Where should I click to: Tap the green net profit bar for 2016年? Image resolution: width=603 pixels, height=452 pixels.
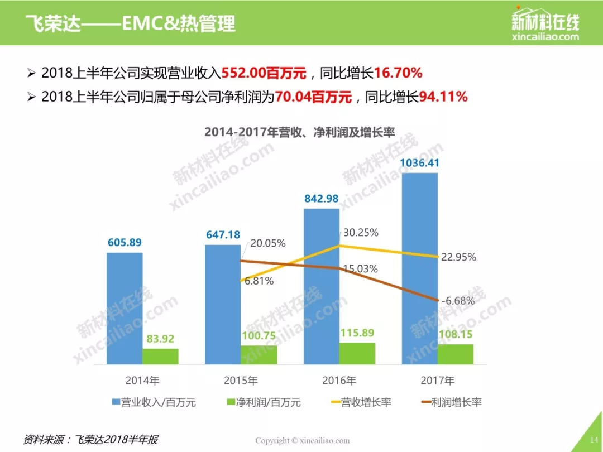point(357,353)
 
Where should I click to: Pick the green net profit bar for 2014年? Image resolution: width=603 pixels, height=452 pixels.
point(160,357)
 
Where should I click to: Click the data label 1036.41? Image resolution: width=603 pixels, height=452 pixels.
point(420,163)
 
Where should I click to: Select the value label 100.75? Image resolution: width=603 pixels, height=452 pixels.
point(259,336)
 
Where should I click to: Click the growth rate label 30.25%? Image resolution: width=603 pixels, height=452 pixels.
point(360,232)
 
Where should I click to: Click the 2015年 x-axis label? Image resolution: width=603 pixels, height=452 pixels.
point(241,381)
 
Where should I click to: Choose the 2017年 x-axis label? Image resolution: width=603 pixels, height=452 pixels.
point(438,381)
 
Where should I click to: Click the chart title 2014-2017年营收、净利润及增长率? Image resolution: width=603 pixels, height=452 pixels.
point(300,132)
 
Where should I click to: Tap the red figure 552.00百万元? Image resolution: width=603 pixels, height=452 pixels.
point(264,73)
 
